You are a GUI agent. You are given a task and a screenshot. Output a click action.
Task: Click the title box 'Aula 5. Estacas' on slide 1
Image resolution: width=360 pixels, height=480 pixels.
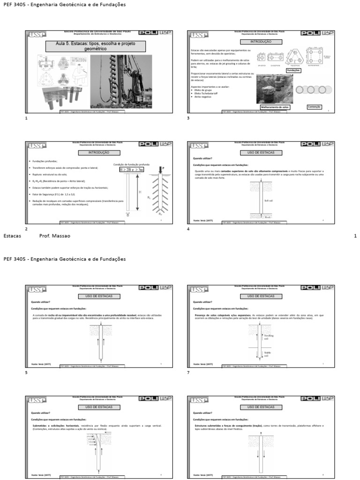[x=95, y=46]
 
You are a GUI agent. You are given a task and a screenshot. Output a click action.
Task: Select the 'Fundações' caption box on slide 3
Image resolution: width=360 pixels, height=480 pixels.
[x=293, y=70]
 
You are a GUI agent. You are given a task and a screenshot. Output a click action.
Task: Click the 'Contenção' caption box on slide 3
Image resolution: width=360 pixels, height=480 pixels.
[x=314, y=106]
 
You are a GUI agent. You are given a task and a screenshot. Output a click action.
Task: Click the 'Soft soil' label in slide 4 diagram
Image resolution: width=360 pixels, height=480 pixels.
[x=269, y=200]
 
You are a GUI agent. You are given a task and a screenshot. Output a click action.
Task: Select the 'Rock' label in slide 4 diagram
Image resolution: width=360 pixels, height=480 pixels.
[x=268, y=217]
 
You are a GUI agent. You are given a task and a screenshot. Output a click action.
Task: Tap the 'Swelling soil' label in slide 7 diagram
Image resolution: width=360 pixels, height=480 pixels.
[x=269, y=337]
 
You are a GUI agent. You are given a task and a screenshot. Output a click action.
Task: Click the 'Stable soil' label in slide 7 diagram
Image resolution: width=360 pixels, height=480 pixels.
[x=268, y=354]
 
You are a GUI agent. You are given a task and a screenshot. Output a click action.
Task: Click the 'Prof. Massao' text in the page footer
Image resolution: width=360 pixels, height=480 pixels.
[x=55, y=236]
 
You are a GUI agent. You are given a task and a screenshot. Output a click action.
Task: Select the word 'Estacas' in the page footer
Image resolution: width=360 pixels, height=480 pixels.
[x=12, y=236]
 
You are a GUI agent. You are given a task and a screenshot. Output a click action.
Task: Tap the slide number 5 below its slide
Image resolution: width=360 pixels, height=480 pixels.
[x=26, y=373]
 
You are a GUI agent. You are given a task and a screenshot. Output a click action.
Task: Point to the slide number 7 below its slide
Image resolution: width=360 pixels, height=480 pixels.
[x=188, y=373]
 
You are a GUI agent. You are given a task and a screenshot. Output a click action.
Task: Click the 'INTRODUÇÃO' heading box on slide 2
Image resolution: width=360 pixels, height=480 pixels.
[x=98, y=153]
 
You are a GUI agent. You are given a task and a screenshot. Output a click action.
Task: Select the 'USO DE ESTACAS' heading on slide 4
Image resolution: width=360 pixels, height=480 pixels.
[x=260, y=153]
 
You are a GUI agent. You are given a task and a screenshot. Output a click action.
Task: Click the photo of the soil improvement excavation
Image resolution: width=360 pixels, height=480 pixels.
[x=274, y=89]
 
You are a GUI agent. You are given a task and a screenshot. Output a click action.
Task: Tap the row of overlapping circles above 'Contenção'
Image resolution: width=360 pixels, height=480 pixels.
[x=309, y=90]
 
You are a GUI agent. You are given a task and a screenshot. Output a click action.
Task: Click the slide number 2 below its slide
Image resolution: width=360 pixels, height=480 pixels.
[x=26, y=229]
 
